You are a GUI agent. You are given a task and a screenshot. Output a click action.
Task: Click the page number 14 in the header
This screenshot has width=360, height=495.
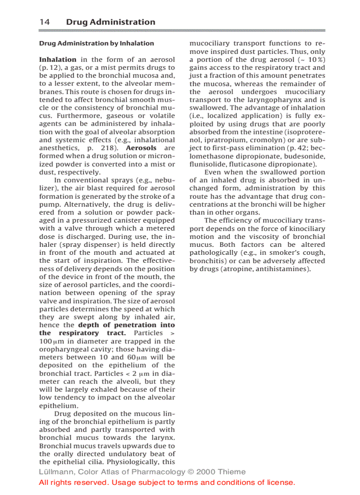(x=44, y=22)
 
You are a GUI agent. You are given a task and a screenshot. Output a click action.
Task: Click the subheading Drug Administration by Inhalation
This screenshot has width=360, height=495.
(x=97, y=43)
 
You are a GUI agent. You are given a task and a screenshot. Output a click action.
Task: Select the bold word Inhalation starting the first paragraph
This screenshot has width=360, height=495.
(x=58, y=60)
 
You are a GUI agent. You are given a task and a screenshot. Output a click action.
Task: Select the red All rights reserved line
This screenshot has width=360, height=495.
(x=167, y=483)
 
